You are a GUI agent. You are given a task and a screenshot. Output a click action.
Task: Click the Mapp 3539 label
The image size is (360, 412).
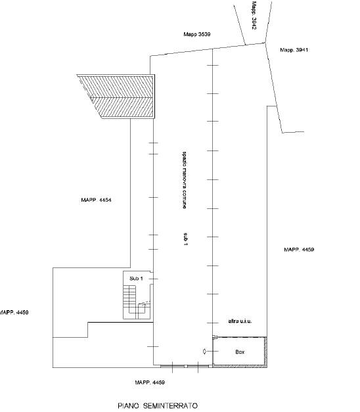(x=197, y=34)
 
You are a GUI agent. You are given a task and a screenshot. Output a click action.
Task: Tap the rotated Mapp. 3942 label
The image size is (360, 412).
(x=254, y=16)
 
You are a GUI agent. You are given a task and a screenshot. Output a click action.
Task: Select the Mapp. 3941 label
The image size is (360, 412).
(x=294, y=50)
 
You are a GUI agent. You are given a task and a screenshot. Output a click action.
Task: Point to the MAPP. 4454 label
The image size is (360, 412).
(x=96, y=200)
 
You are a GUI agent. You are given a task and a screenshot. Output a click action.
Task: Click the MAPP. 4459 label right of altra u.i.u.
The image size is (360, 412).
(x=299, y=250)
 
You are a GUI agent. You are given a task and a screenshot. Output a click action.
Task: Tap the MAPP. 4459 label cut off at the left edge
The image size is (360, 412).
(x=14, y=313)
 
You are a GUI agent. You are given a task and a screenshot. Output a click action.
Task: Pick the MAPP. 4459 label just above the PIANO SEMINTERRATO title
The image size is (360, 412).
(x=150, y=382)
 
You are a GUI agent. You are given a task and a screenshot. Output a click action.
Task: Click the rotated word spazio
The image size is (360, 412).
(x=185, y=159)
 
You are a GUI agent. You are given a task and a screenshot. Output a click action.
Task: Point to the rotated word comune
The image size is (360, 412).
(x=185, y=200)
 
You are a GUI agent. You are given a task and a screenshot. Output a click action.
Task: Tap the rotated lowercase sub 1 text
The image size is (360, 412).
(x=185, y=239)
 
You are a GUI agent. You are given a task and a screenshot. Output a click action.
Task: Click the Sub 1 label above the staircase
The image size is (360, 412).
(x=136, y=279)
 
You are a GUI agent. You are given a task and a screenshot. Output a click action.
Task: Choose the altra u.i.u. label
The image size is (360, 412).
(x=240, y=321)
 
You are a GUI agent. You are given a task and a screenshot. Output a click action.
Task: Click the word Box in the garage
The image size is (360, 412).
(x=240, y=352)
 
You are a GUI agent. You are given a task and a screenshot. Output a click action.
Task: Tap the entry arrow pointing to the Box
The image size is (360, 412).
(x=205, y=352)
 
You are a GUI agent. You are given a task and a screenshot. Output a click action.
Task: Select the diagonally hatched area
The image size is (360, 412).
(x=116, y=97)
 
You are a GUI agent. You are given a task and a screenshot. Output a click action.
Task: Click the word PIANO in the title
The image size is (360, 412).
(x=128, y=405)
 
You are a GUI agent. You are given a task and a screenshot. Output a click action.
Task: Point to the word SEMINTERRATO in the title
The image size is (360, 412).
(x=170, y=405)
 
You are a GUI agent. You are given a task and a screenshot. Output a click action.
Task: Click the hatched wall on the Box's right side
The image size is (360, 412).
(x=265, y=352)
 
